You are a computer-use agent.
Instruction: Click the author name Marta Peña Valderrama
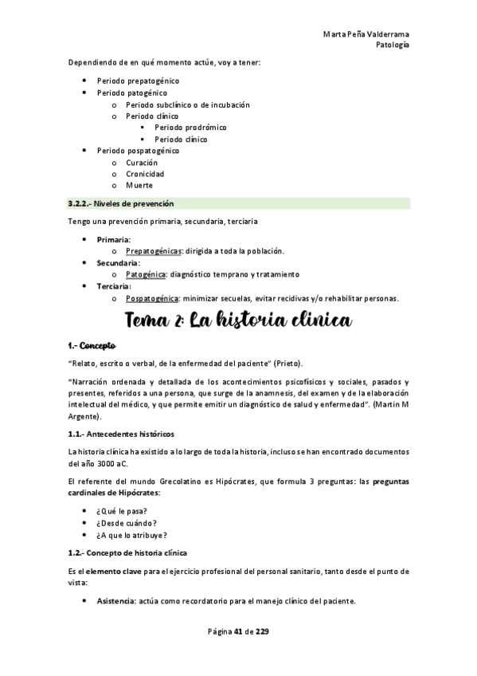tap(367, 34)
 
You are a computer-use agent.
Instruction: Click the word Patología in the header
tap(393, 45)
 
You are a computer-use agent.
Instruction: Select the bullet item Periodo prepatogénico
tap(138, 81)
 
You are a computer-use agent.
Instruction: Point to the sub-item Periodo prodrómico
tap(190, 128)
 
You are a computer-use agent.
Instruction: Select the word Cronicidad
tap(145, 174)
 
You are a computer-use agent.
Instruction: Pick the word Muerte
tap(139, 186)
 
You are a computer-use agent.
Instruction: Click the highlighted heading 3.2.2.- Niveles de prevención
tap(120, 203)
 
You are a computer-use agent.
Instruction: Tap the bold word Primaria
tap(114, 239)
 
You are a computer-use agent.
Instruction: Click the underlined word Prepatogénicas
tap(153, 251)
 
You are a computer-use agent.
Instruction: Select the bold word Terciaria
tap(114, 286)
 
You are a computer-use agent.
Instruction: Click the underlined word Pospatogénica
tap(152, 298)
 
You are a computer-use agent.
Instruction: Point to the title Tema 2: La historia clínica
tap(238, 322)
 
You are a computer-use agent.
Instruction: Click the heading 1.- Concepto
tap(92, 346)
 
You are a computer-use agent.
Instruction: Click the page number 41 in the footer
tap(238, 631)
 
